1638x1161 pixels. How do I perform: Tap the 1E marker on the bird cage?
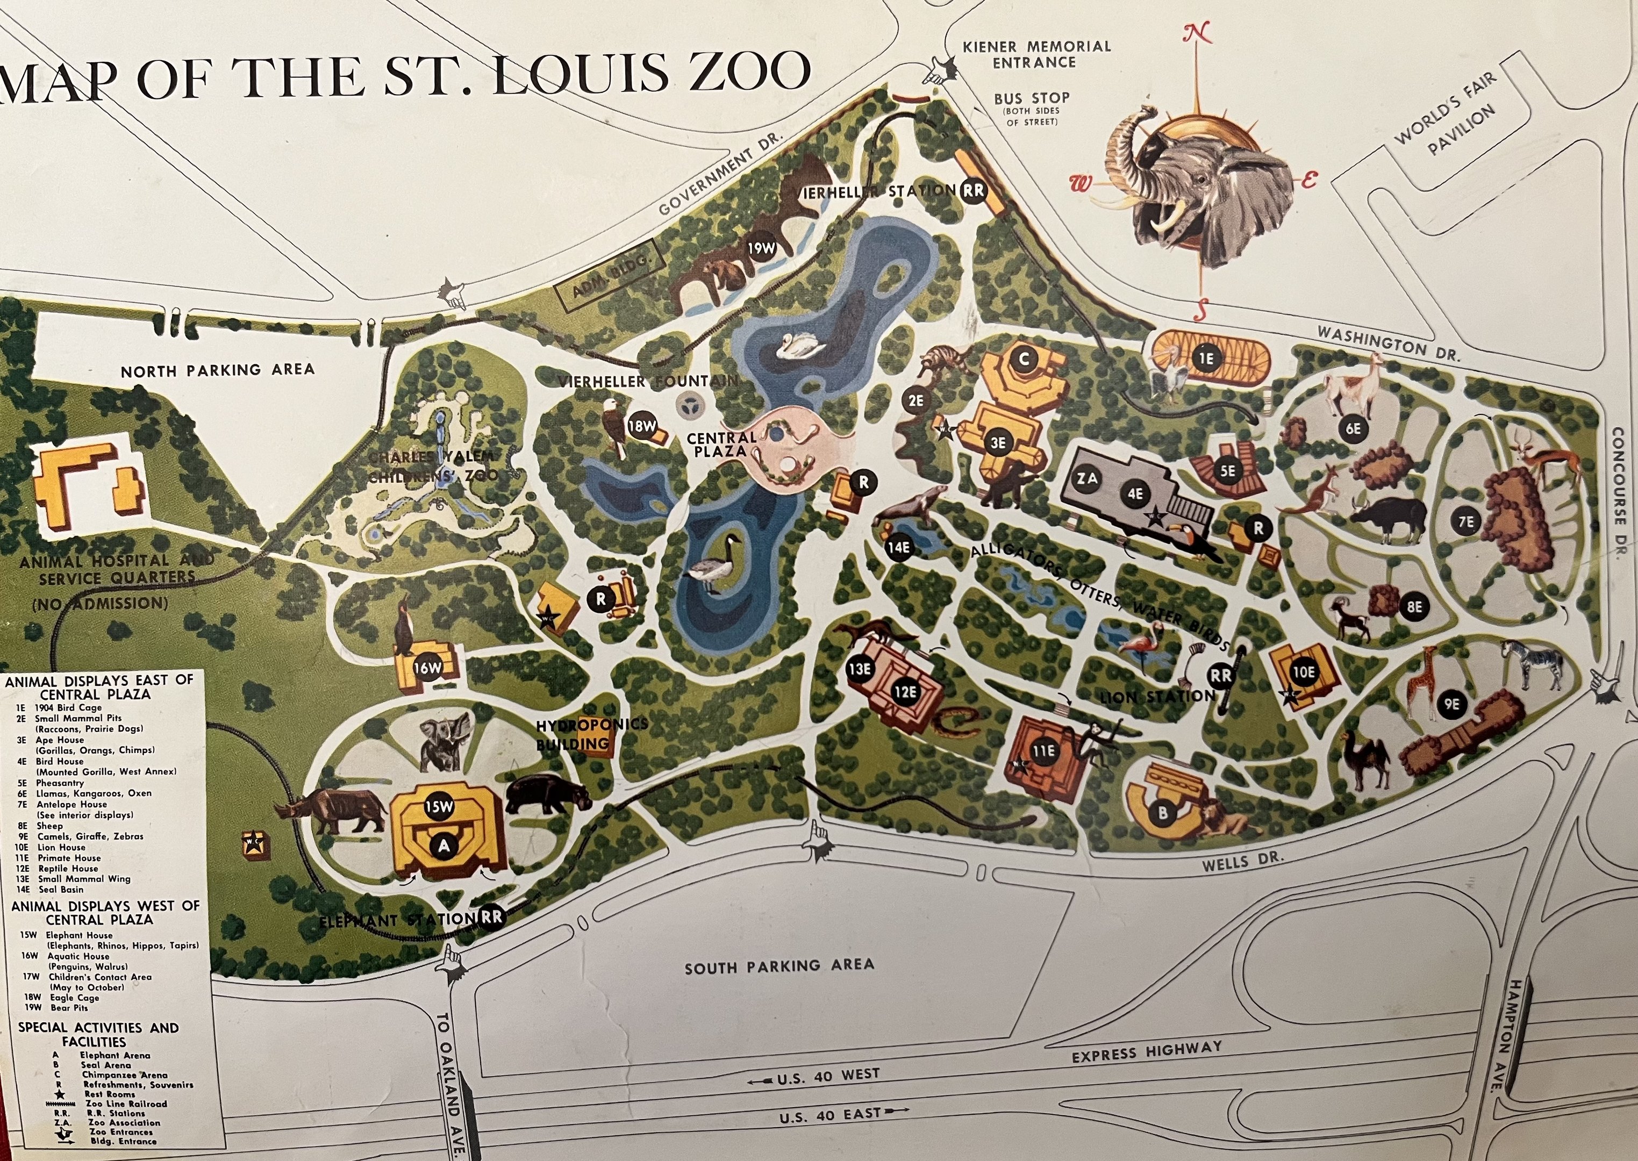pos(1207,358)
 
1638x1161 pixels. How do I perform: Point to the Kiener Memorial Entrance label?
pos(1036,54)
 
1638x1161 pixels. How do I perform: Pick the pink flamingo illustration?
pos(1146,643)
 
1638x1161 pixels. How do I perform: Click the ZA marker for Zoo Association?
pos(1088,479)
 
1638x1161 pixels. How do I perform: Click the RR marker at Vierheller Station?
pos(973,190)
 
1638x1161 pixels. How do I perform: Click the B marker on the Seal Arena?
pos(1163,812)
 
